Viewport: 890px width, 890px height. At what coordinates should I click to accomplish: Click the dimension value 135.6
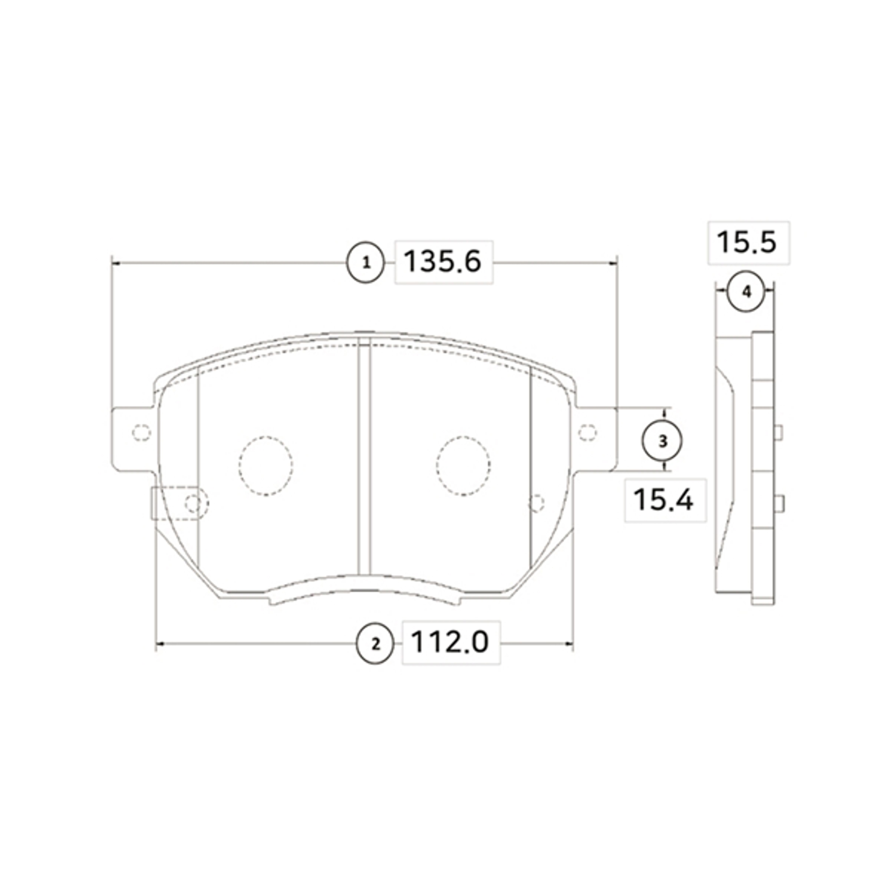point(443,262)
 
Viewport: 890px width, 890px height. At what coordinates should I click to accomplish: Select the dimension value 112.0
point(449,642)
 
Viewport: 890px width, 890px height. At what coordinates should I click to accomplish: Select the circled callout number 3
point(662,441)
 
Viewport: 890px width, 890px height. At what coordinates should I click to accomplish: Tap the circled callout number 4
point(746,291)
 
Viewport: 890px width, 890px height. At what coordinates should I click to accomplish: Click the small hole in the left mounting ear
point(141,432)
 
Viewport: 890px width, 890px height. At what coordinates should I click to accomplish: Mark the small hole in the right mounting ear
point(587,432)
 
